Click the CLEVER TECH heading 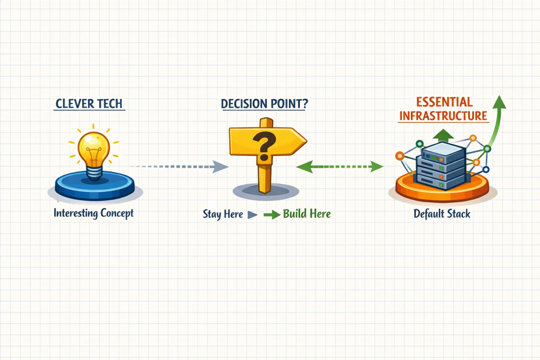click(89, 104)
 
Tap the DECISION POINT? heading click(264, 104)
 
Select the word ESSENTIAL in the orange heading click(444, 102)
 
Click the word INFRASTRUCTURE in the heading click(443, 116)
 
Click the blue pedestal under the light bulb click(95, 186)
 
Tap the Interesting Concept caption click(93, 213)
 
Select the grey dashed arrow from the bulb click(176, 167)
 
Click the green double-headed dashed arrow click(339, 167)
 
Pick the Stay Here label click(222, 214)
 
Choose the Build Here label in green click(307, 214)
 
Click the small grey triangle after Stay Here click(252, 215)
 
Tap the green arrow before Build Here click(271, 215)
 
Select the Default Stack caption click(442, 214)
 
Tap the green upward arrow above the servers click(443, 135)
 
